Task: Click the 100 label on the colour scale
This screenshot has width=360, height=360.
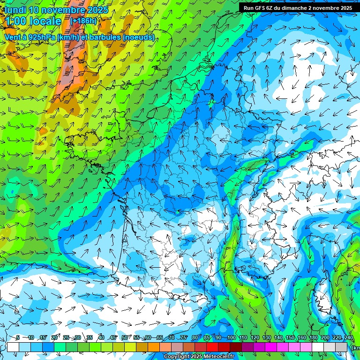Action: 231,338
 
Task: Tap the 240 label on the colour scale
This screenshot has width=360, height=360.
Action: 348,338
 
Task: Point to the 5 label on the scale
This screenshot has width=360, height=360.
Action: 17,338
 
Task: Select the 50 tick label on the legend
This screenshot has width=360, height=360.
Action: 125,338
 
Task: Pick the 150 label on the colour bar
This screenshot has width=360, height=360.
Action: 290,338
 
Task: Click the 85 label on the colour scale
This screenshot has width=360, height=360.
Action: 207,338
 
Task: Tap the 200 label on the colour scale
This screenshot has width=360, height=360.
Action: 325,338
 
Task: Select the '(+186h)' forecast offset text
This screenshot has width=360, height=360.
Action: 83,21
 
